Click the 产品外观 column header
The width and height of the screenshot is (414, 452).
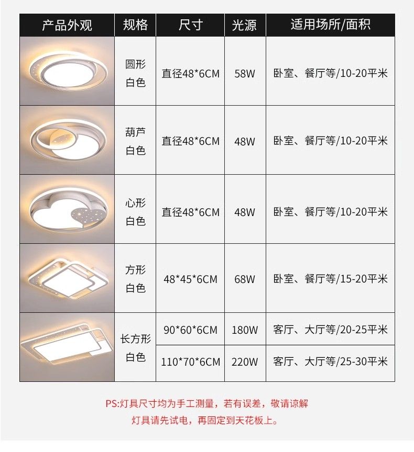[x=67, y=25]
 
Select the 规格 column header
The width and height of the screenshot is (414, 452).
[x=135, y=25]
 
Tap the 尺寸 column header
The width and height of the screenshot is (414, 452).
[x=190, y=25]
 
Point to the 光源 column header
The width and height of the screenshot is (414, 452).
[x=244, y=25]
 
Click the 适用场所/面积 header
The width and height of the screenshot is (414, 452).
[x=330, y=25]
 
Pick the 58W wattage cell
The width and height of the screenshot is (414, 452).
[x=245, y=74]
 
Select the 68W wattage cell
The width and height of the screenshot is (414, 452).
[x=245, y=279]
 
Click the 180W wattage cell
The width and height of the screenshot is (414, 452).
[x=245, y=330]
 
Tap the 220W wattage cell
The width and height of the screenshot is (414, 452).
[x=245, y=361]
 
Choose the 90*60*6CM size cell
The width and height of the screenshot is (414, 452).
[x=190, y=330]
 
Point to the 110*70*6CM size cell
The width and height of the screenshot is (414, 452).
[x=191, y=361]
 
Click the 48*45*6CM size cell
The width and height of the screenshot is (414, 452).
[x=190, y=279]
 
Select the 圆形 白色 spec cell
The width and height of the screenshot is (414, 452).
[x=135, y=73]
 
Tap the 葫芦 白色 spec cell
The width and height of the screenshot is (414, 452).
[x=135, y=141]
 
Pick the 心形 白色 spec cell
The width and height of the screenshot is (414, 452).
[x=135, y=212]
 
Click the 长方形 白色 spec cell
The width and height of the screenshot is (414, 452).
[x=135, y=348]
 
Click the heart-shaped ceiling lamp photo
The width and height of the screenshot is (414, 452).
[x=67, y=209]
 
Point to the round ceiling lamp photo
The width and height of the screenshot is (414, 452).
[x=67, y=71]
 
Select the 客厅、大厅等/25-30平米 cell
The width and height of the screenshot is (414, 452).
[x=330, y=361]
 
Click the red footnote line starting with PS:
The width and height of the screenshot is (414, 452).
[x=206, y=403]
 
